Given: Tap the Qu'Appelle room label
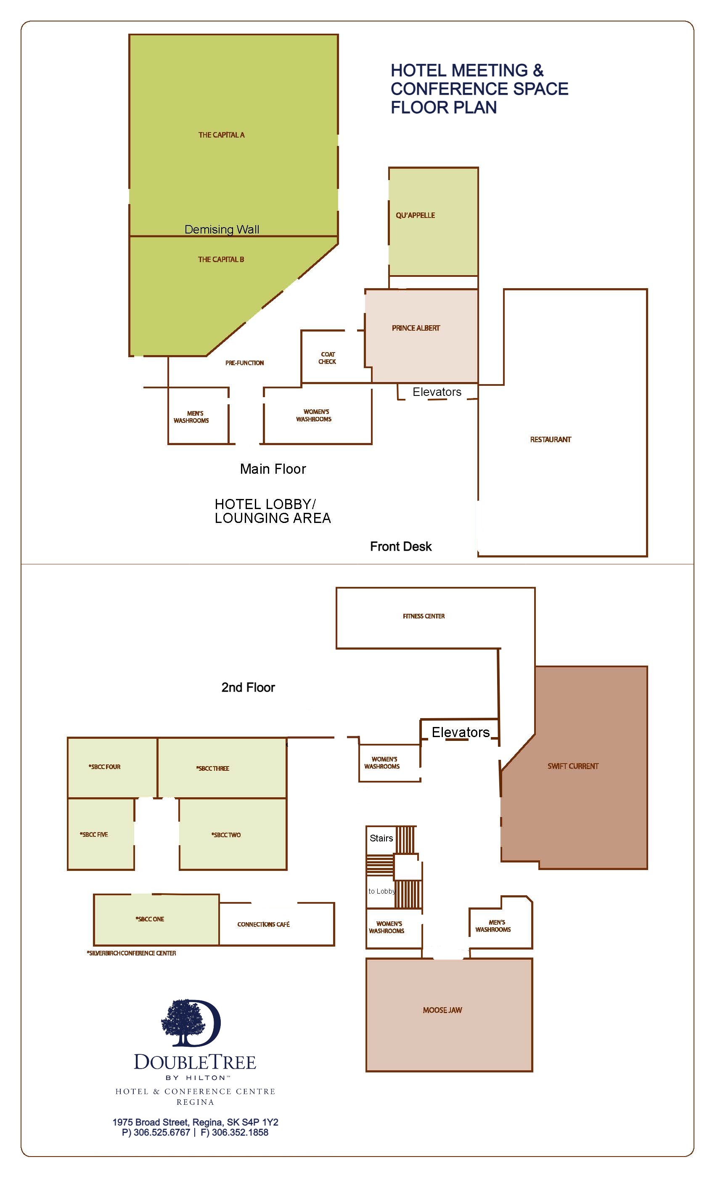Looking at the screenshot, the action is pos(416,215).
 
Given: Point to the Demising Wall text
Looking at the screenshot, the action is pos(222,229).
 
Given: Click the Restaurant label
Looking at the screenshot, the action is pos(551,439).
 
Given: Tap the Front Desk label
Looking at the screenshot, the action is pos(400,547).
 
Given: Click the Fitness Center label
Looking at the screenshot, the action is pos(424,616).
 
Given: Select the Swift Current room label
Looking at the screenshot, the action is pos(573,766).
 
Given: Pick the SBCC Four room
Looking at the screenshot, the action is pos(112,767).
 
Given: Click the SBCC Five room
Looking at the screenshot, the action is pos(101,834).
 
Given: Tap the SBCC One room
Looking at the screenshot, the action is pos(156,919).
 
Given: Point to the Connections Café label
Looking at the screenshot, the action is pos(263,924).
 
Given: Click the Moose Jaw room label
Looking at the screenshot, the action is pos(442,1010).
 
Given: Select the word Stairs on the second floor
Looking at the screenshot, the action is pos(381,838).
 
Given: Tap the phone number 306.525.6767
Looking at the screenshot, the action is pos(162,1132).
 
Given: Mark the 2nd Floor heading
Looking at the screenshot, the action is pos(248,687).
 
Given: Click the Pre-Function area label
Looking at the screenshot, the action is pos(244,363).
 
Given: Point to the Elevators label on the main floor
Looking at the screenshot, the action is pos(437,392).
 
